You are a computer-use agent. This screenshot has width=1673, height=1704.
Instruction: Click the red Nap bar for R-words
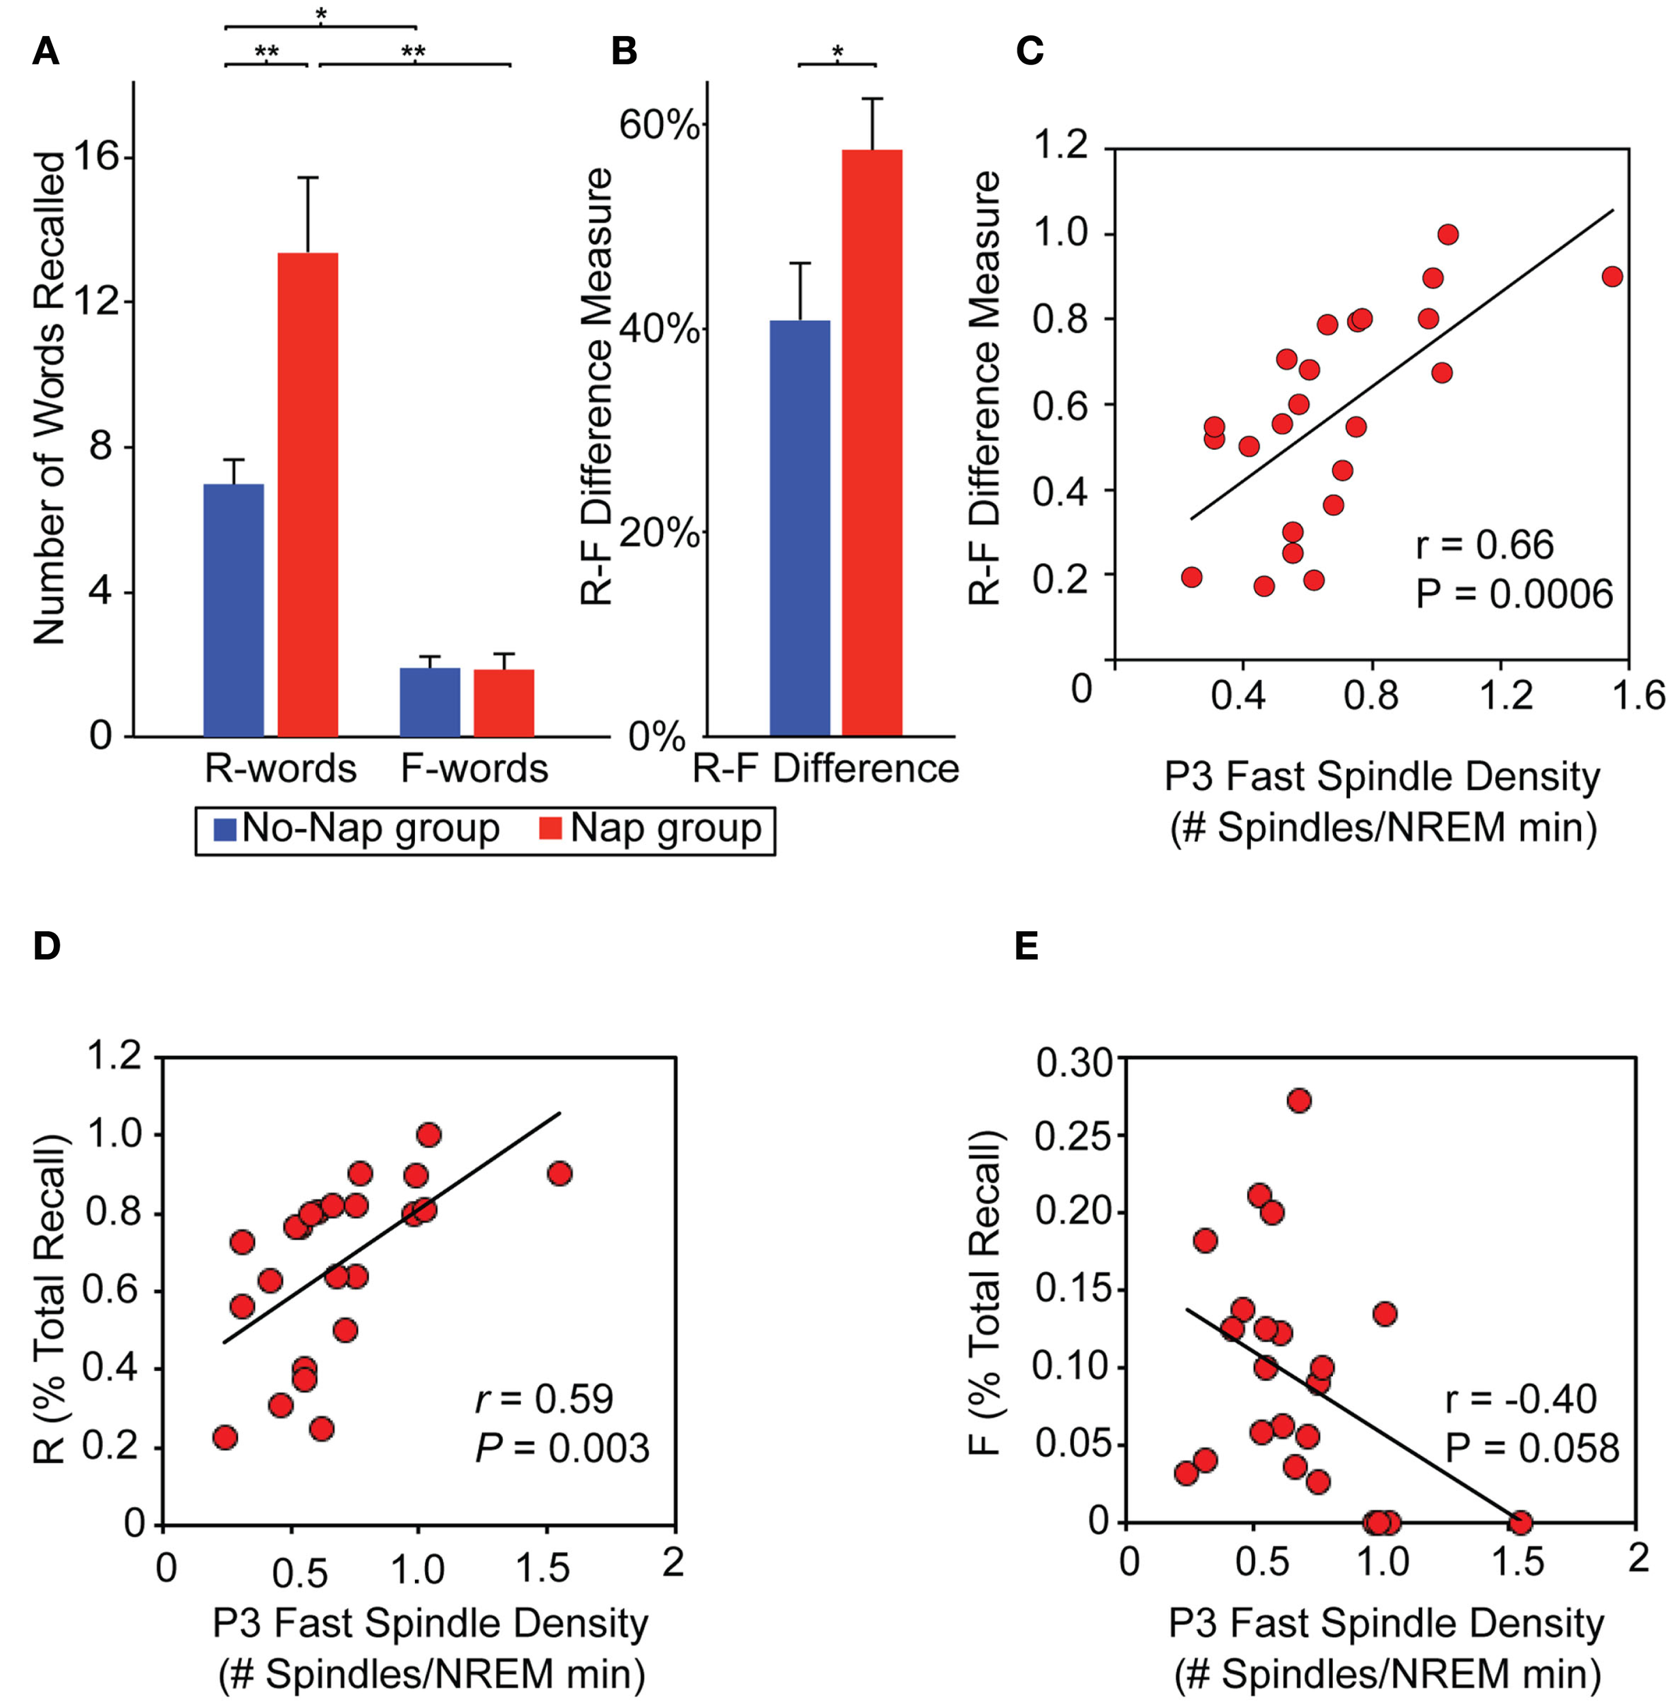coord(307,494)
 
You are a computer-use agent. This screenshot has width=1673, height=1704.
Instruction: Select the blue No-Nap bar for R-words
coord(233,609)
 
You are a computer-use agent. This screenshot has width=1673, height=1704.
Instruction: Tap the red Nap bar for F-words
coord(504,702)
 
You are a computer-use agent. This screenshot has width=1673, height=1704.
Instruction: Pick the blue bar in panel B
coord(799,528)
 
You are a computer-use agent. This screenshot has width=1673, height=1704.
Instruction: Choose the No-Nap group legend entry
coord(356,829)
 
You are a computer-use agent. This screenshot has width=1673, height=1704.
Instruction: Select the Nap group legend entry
coord(650,829)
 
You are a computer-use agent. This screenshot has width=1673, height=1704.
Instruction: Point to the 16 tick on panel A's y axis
coord(97,158)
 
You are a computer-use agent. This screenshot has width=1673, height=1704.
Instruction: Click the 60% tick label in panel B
coord(659,125)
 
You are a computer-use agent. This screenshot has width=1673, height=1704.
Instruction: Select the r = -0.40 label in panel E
coord(1520,1399)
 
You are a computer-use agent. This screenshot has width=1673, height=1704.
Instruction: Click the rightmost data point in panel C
coord(1612,276)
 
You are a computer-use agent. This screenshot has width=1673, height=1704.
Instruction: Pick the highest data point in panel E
coord(1299,1100)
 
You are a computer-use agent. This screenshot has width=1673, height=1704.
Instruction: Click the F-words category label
coord(474,769)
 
